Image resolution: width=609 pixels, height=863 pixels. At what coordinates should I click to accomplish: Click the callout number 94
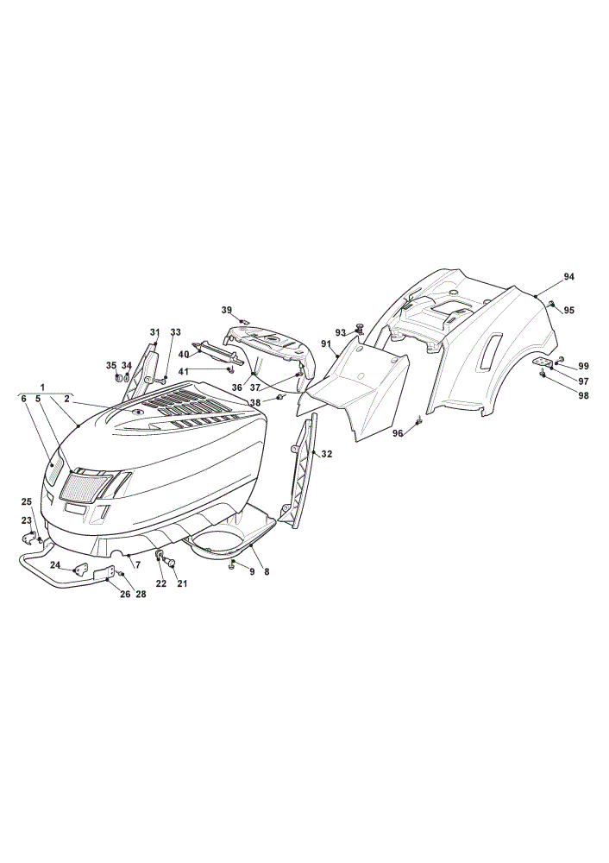tap(568, 277)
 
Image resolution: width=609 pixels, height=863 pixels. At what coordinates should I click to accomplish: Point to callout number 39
tap(227, 311)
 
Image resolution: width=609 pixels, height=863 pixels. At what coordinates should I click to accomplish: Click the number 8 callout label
tap(267, 572)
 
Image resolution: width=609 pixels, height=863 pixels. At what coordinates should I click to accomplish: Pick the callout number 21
tap(182, 583)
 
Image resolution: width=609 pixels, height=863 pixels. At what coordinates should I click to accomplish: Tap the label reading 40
tap(184, 355)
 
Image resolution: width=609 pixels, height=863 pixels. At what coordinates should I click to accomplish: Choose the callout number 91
tap(326, 344)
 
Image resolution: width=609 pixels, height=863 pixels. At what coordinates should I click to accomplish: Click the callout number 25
tap(27, 501)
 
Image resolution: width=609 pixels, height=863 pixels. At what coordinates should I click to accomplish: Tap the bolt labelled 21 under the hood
tap(171, 563)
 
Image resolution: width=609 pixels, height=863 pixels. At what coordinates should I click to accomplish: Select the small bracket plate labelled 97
tap(543, 362)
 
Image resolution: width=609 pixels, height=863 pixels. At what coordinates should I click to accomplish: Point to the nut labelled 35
tap(117, 378)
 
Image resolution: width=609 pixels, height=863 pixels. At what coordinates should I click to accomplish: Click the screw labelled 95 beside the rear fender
tap(550, 303)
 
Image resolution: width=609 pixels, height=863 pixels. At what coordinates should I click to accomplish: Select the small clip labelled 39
tap(244, 320)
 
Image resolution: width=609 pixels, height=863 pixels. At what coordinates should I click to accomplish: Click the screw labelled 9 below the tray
tap(233, 563)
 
